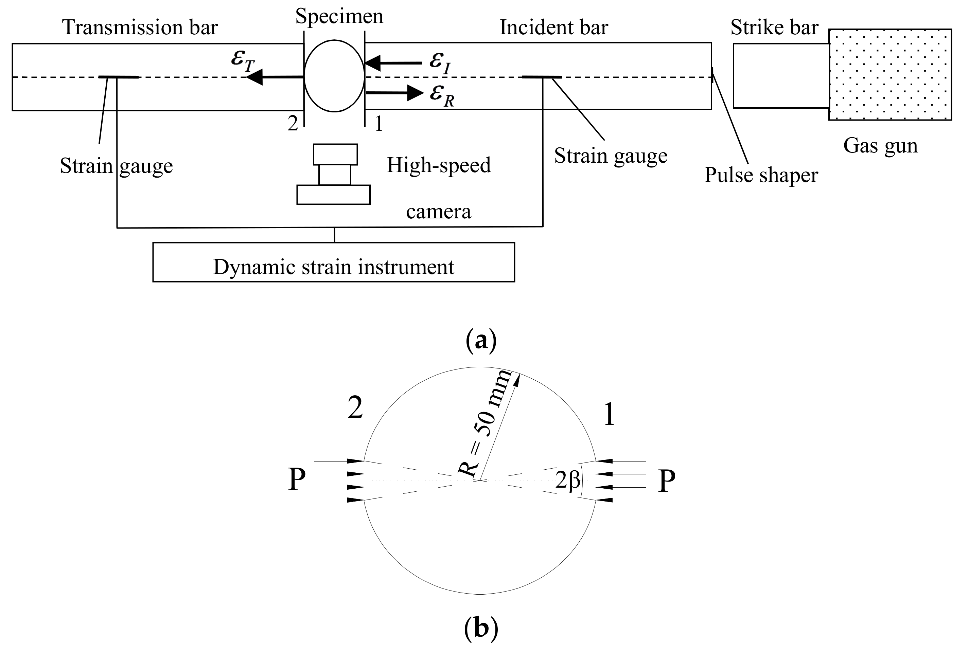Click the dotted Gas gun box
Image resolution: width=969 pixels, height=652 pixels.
(889, 74)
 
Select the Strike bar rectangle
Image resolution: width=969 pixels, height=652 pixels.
(781, 76)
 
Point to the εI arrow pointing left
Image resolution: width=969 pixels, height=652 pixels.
(393, 63)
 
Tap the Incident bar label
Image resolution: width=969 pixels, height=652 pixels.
(554, 28)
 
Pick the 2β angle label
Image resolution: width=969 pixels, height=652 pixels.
(567, 481)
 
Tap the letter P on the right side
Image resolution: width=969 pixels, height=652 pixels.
(666, 481)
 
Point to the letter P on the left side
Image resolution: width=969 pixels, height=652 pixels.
(297, 480)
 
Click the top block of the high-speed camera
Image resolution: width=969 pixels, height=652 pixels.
(335, 154)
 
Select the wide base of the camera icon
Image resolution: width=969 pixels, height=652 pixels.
(333, 195)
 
